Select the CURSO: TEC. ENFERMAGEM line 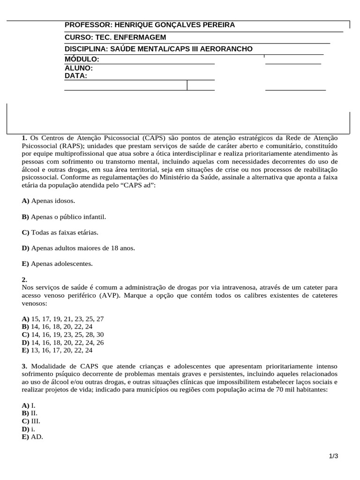coord(115,37)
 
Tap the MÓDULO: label coord(82,59)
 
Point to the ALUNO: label coord(78,67)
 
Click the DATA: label coord(76,75)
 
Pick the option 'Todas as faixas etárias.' coord(60,232)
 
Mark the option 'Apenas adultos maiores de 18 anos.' coord(78,248)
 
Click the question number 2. coord(25,279)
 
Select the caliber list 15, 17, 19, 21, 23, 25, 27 coord(67,319)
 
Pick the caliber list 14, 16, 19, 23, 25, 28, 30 coord(67,334)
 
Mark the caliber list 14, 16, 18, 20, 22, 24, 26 coord(67,342)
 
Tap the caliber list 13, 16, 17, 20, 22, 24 coord(61,350)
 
